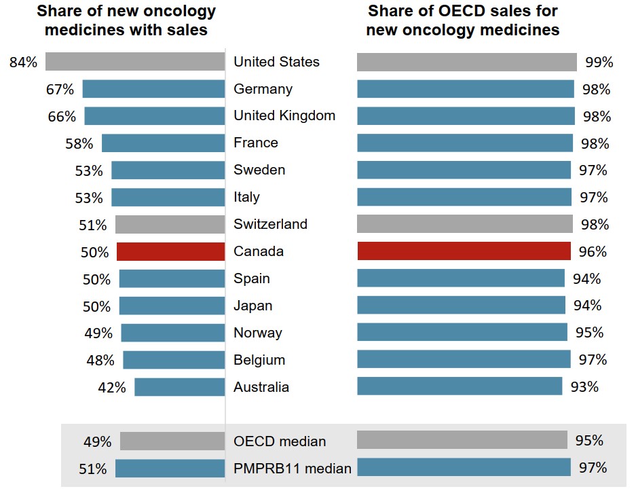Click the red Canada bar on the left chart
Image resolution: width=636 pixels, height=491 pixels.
pyautogui.click(x=170, y=251)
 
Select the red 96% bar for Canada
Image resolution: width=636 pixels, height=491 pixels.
pyautogui.click(x=464, y=251)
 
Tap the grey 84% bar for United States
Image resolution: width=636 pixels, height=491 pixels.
pyautogui.click(x=135, y=62)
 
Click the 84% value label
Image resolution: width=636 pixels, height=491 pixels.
pyautogui.click(x=23, y=62)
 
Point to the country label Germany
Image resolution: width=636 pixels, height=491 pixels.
pyautogui.click(x=263, y=89)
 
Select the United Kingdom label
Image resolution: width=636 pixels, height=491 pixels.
pyautogui.click(x=284, y=115)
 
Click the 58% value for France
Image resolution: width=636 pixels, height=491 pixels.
pyautogui.click(x=80, y=143)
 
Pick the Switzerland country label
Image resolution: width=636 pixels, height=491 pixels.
pyautogui.click(x=270, y=224)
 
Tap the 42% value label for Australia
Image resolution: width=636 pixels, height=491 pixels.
pyautogui.click(x=113, y=388)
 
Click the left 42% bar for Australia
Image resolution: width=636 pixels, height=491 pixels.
pyautogui.click(x=179, y=387)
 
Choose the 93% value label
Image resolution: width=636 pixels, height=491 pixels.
pyautogui.click(x=584, y=387)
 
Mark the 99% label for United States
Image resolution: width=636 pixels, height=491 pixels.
pyautogui.click(x=599, y=62)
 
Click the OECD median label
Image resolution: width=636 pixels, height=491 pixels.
pyautogui.click(x=280, y=441)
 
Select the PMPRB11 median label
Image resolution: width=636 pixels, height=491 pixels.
pyautogui.click(x=293, y=468)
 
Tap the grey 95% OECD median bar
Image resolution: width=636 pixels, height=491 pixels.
pyautogui.click(x=462, y=440)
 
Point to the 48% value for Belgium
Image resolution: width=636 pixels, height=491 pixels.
pyautogui.click(x=100, y=361)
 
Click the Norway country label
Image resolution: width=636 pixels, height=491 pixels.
pyautogui.click(x=257, y=333)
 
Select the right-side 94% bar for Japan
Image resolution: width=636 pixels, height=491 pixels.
pyautogui.click(x=461, y=306)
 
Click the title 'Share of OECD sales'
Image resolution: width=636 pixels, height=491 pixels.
pyautogui.click(x=463, y=12)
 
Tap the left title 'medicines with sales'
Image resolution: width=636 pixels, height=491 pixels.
pyautogui.click(x=126, y=30)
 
